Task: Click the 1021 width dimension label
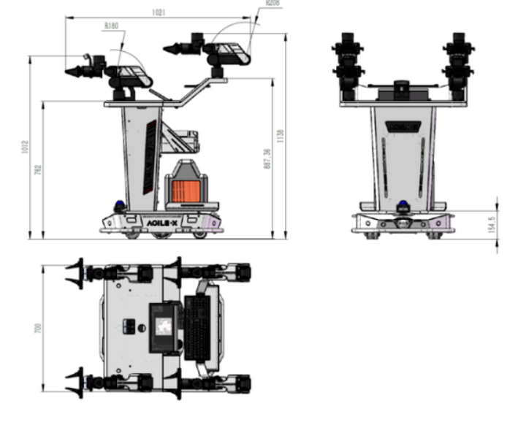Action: pyautogui.click(x=159, y=12)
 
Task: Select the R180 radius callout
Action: pyautogui.click(x=112, y=26)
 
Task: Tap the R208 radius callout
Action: pyautogui.click(x=273, y=3)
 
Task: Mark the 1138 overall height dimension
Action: pyautogui.click(x=280, y=136)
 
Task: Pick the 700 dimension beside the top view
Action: pyautogui.click(x=37, y=329)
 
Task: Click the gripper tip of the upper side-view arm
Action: pyautogui.click(x=170, y=49)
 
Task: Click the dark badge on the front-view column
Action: pyautogui.click(x=400, y=126)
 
